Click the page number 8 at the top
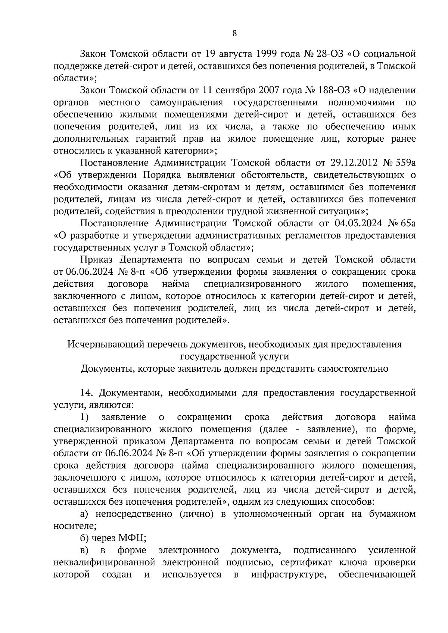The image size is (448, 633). (234, 34)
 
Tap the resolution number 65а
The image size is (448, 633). (407, 223)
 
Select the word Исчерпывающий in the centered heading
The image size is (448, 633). (104, 344)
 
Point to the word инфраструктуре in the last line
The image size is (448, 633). (287, 574)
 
